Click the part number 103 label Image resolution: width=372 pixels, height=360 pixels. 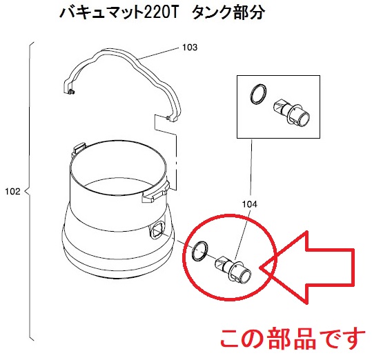click(190, 48)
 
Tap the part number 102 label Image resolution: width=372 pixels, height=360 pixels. click(13, 191)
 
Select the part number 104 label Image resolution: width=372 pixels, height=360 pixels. click(249, 204)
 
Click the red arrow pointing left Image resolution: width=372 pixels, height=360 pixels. click(309, 268)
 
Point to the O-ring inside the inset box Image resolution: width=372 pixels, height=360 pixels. click(258, 94)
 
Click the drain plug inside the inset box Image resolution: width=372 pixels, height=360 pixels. click(291, 112)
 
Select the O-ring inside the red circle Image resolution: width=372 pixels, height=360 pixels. click(199, 250)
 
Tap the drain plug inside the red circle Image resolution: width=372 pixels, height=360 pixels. click(233, 270)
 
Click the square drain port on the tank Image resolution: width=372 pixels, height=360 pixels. click(157, 229)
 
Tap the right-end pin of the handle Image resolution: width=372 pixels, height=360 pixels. click(168, 117)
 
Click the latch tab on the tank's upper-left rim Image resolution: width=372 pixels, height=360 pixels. click(79, 148)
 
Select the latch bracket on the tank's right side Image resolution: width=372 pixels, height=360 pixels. click(156, 192)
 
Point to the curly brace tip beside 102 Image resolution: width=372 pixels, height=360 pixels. click(26, 192)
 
